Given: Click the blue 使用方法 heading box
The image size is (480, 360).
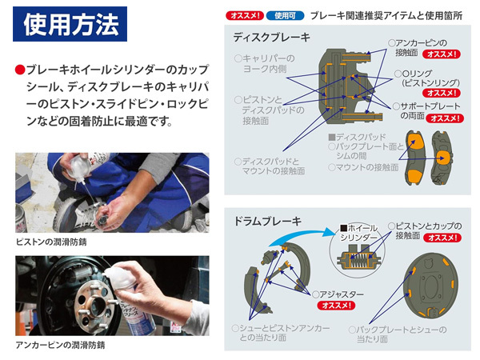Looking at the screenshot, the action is pyautogui.click(x=70, y=24).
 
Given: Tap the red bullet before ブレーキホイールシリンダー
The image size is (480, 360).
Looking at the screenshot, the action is pyautogui.click(x=19, y=70).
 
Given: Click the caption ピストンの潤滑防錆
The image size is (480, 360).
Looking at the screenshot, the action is pyautogui.click(x=51, y=242).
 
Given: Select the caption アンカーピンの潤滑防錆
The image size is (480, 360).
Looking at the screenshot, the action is pyautogui.click(x=60, y=345).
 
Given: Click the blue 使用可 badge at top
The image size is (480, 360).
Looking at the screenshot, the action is pyautogui.click(x=285, y=15).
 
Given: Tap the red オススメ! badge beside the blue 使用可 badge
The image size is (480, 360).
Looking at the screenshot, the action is pyautogui.click(x=245, y=15).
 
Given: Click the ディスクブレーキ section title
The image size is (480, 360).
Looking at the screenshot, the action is pyautogui.click(x=271, y=38).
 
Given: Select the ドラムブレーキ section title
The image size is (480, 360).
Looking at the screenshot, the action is pyautogui.click(x=267, y=221).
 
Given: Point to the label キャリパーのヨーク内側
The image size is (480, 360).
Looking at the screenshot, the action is pyautogui.click(x=265, y=63).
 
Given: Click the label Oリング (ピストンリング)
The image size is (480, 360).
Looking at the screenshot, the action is pyautogui.click(x=427, y=78).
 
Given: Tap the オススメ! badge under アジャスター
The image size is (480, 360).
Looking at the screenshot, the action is pyautogui.click(x=336, y=306).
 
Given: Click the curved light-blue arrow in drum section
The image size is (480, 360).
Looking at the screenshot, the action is pyautogui.click(x=302, y=236).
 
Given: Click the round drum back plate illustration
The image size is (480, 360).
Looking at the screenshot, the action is pyautogui.click(x=432, y=286).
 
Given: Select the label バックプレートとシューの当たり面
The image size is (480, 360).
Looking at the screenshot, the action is pyautogui.click(x=398, y=334).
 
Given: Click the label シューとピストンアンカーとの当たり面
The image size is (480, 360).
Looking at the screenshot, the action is pyautogui.click(x=281, y=333).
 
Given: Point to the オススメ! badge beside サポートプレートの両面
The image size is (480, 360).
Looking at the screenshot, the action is pyautogui.click(x=445, y=118).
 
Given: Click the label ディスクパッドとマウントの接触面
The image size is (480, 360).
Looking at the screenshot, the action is pyautogui.click(x=270, y=166).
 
